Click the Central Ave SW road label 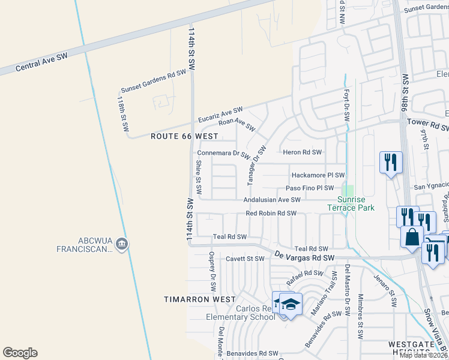(x=42, y=61)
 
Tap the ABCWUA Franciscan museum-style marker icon (x=122, y=243)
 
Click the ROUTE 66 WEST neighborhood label (x=184, y=137)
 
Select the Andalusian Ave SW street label (x=271, y=200)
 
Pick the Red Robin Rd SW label (x=271, y=214)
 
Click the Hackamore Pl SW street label (x=318, y=175)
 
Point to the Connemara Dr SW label (x=223, y=154)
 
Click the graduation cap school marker (x=291, y=304)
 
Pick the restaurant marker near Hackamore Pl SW (x=390, y=161)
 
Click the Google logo (x=20, y=353)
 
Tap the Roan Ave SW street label (x=237, y=124)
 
